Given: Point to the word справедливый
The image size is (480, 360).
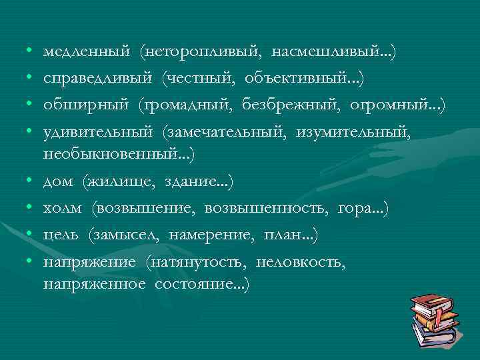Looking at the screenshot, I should (98, 79).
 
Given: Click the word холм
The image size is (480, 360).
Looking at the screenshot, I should (63, 209).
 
